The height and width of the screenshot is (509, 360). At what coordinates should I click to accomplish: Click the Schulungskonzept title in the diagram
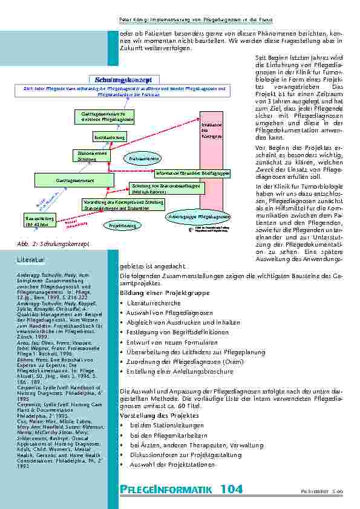coord(123,79)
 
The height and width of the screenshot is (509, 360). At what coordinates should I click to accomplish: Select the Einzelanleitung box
coord(110,138)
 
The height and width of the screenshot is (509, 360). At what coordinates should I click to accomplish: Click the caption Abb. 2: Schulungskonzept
coord(53,243)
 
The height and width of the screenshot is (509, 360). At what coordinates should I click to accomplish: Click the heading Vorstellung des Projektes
coord(159,416)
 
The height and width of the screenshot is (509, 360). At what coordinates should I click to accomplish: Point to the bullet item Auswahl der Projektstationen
coord(172,465)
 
